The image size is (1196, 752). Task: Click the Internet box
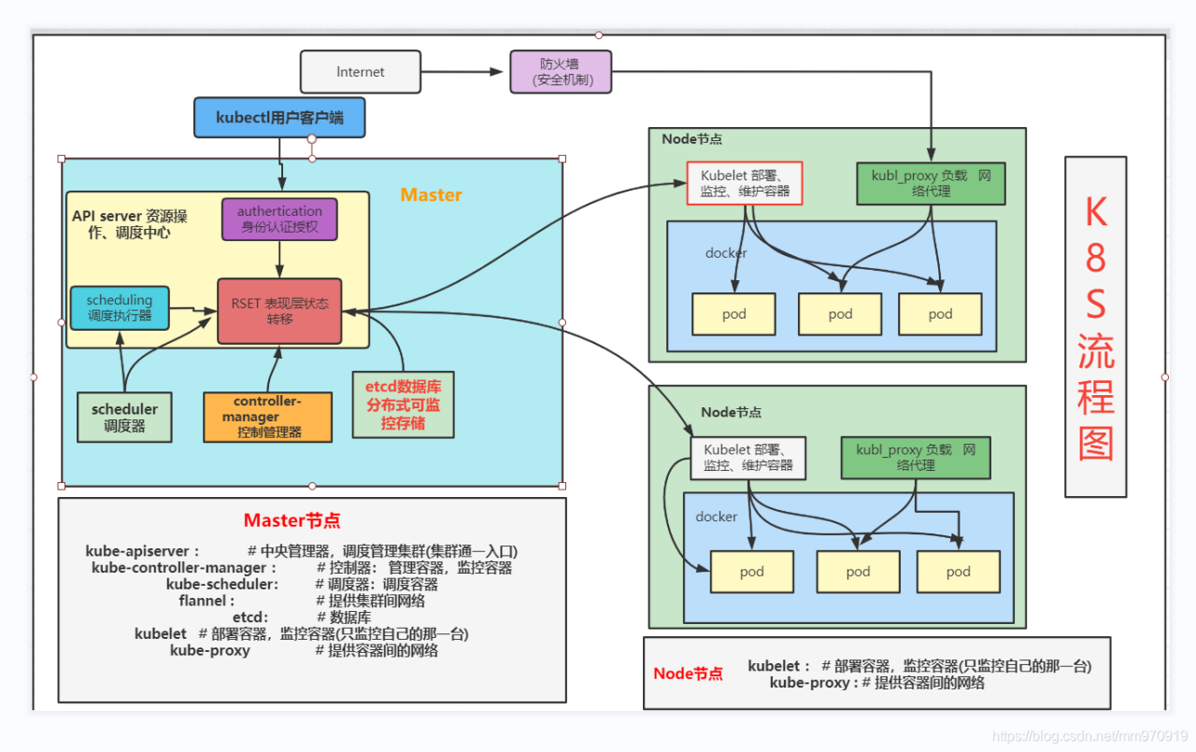coord(360,72)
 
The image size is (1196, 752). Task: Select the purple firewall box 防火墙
coord(560,72)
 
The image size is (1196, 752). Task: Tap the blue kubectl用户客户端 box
coord(278,118)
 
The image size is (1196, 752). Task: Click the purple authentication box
coord(279,219)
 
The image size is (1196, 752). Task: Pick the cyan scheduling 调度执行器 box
coord(120,308)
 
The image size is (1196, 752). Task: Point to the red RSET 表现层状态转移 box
coord(279,311)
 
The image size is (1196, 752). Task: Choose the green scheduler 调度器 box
coord(124,417)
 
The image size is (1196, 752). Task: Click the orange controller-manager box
coord(267,417)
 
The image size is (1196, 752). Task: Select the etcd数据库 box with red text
coord(403,405)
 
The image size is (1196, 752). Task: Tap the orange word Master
coord(431,195)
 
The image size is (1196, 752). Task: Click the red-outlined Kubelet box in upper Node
coord(745,183)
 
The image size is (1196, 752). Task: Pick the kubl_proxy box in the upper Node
coord(931,183)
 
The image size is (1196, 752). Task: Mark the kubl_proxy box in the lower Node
coord(916,457)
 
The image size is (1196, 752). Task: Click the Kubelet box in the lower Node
coord(747,457)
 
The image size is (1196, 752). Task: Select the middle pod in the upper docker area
coord(840,314)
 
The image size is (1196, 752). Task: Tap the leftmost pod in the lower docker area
coord(751,572)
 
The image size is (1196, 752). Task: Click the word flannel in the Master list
coord(206,601)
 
